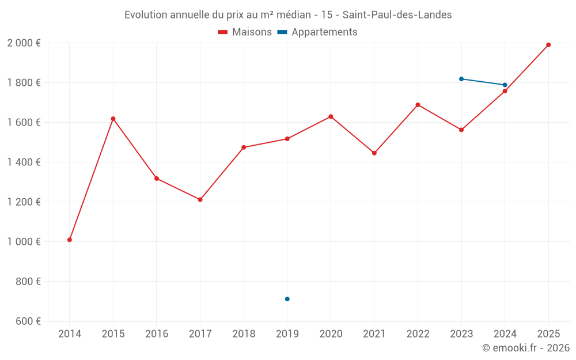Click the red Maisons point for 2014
[70, 240]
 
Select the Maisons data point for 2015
[113, 119]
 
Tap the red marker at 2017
[200, 200]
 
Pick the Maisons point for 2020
[331, 117]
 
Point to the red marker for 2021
[374, 153]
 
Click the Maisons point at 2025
[548, 45]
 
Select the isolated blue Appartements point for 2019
[287, 299]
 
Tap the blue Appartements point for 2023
[461, 79]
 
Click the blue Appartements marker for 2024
[505, 85]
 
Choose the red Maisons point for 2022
[418, 105]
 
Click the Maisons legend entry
[245, 32]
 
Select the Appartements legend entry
[317, 32]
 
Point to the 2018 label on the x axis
[244, 334]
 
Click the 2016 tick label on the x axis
[157, 334]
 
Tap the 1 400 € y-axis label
[24, 162]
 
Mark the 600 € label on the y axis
[28, 321]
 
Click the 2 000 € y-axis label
[24, 43]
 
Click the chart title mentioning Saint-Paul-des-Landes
[288, 15]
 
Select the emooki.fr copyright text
[526, 347]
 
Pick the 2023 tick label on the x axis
[461, 334]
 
